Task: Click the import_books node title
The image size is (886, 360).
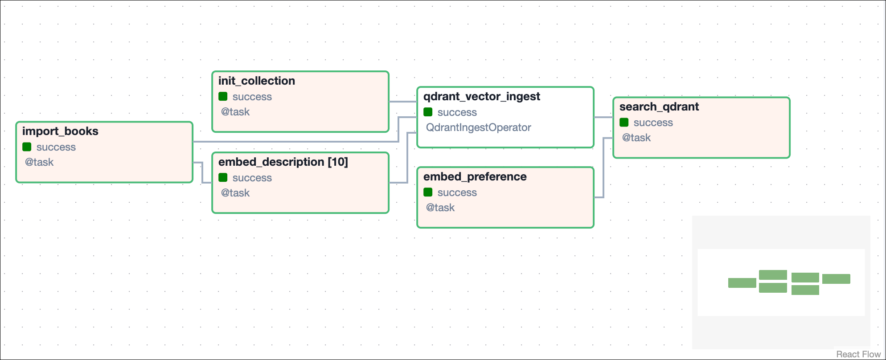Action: (x=60, y=131)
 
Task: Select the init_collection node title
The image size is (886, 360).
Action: (x=256, y=81)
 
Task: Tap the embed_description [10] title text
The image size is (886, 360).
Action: (x=283, y=162)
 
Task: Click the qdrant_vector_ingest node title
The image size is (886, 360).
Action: (x=481, y=97)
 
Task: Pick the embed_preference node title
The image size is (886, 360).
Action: (x=475, y=177)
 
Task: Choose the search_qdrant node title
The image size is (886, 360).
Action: (x=659, y=107)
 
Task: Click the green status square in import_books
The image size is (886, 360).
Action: (x=27, y=147)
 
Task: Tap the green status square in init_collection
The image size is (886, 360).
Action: (x=223, y=97)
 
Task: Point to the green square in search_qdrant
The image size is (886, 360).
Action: (x=624, y=123)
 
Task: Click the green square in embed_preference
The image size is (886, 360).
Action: (x=428, y=192)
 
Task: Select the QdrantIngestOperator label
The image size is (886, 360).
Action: (x=478, y=128)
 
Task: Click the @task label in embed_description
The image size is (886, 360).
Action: (x=235, y=193)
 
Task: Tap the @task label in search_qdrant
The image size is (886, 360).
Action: (x=636, y=138)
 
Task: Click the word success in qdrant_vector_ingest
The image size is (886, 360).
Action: (x=457, y=113)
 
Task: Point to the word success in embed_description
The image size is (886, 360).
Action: (x=252, y=178)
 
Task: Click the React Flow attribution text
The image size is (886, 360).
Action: (x=858, y=354)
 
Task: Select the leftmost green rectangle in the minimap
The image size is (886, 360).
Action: (x=742, y=283)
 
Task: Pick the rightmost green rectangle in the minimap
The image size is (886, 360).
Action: (x=836, y=279)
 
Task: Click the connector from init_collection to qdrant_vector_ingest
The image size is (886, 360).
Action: (x=402, y=102)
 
